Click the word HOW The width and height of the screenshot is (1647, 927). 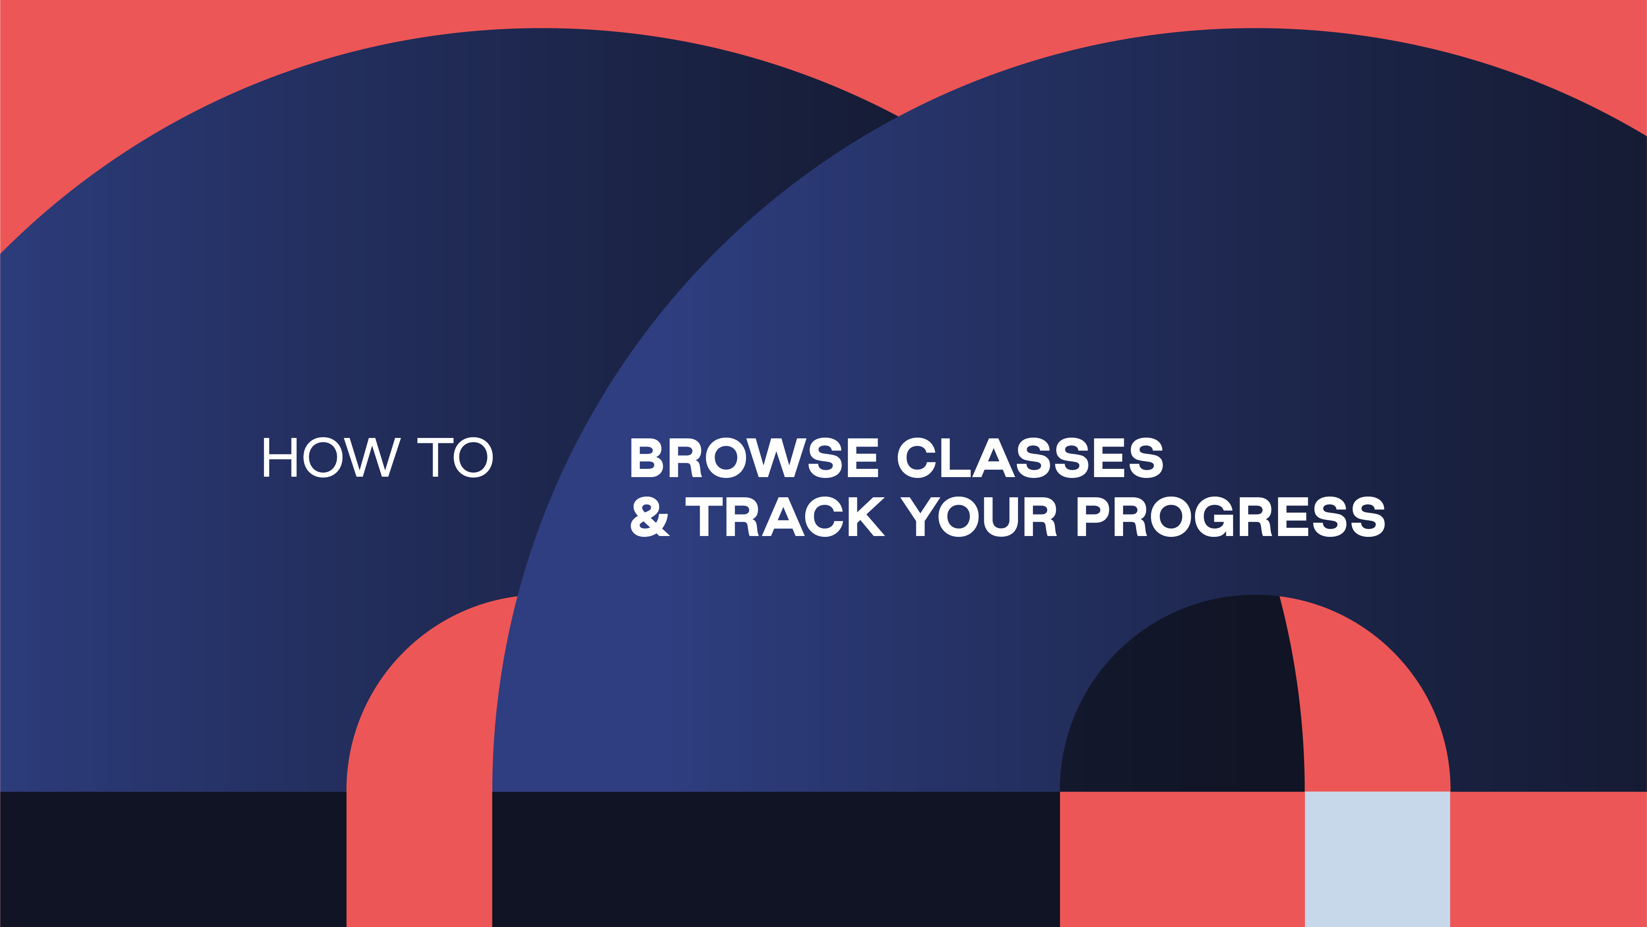(332, 457)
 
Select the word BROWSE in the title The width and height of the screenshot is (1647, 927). (755, 457)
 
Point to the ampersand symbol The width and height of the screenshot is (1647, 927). (650, 517)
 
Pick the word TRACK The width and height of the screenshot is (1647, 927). (785, 517)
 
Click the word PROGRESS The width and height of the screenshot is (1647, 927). (1231, 517)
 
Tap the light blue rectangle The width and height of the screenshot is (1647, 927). (1377, 859)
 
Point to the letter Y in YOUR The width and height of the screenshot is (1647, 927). (919, 517)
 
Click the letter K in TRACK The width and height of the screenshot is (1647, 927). (867, 517)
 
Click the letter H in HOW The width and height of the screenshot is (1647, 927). (280, 457)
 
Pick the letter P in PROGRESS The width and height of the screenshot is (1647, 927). (1093, 517)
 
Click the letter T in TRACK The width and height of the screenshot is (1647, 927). (704, 517)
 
